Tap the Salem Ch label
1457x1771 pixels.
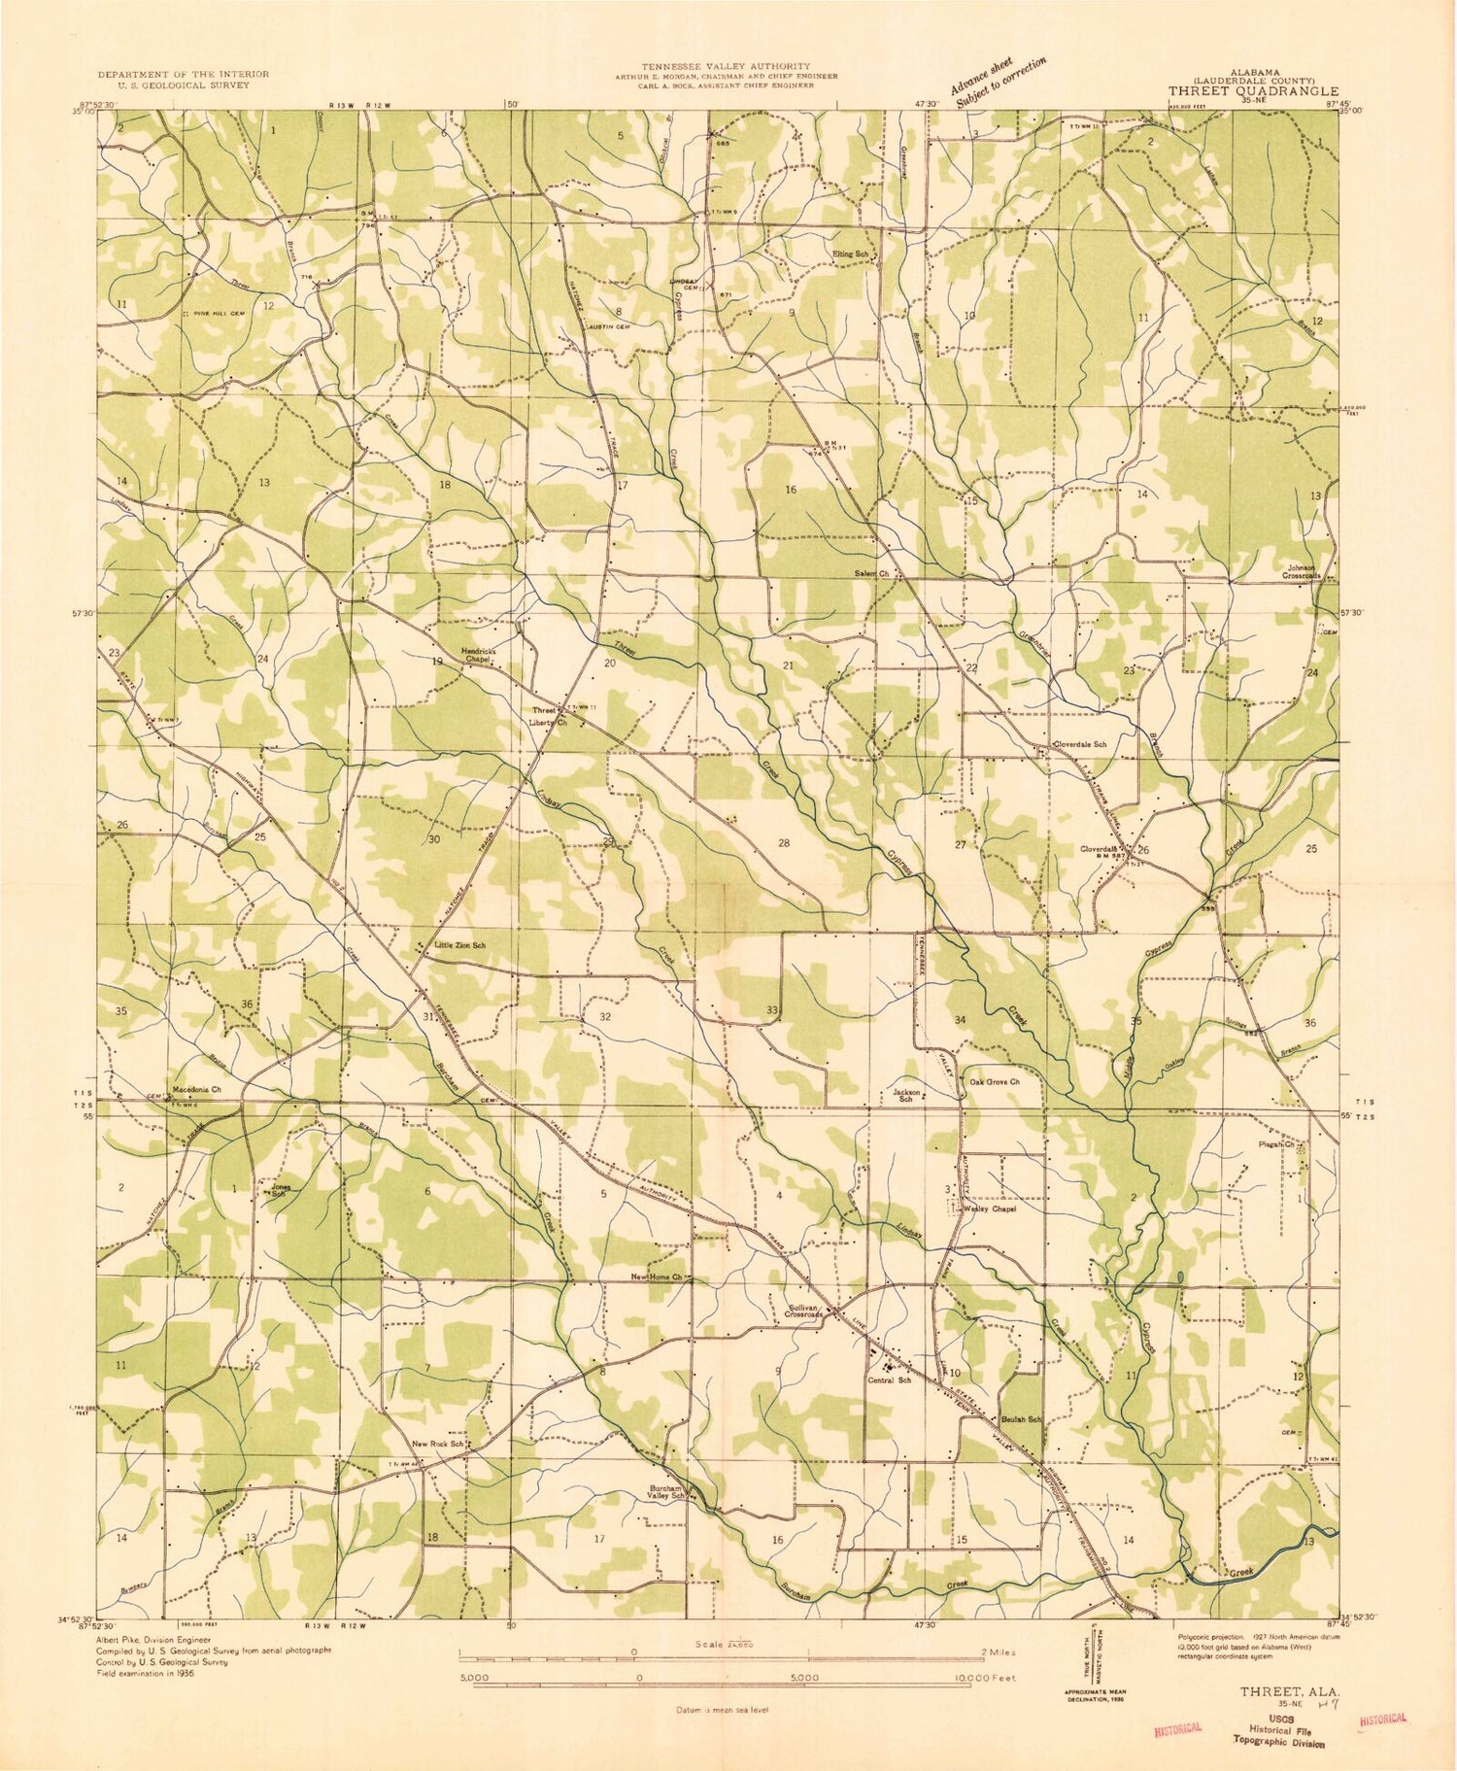point(871,573)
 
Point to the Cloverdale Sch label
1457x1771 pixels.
point(1080,745)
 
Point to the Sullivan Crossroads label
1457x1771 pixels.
point(805,1311)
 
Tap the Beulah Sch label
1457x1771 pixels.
point(1021,1419)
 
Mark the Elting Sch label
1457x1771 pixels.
point(850,255)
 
